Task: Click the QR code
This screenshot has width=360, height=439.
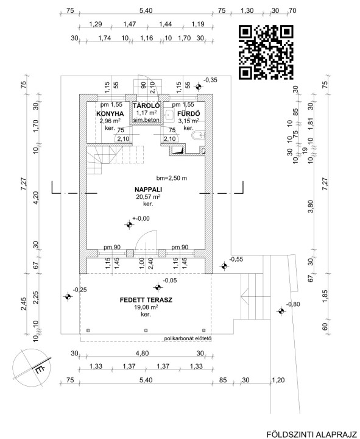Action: pyautogui.click(x=266, y=52)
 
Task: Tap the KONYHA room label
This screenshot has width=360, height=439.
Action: pyautogui.click(x=110, y=113)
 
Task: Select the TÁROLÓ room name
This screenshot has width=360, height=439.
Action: pyautogui.click(x=146, y=105)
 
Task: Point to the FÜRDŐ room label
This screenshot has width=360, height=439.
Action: pyautogui.click(x=189, y=113)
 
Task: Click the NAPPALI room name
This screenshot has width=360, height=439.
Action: pyautogui.click(x=148, y=190)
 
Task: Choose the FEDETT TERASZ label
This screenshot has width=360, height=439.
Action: pyautogui.click(x=146, y=300)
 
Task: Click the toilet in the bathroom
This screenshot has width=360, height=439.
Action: pyautogui.click(x=199, y=135)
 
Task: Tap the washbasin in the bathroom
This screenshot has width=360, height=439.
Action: pyautogui.click(x=169, y=115)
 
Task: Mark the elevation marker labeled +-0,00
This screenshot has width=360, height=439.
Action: pyautogui.click(x=129, y=224)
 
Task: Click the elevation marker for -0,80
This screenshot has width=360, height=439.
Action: pyautogui.click(x=281, y=311)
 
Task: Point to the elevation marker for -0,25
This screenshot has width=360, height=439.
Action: pyautogui.click(x=68, y=296)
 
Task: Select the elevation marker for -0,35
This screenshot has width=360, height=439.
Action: pyautogui.click(x=199, y=87)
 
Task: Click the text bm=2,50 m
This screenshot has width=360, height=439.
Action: pyautogui.click(x=172, y=178)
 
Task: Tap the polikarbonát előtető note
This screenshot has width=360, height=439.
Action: pyautogui.click(x=188, y=339)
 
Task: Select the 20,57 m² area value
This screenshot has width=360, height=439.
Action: pyautogui.click(x=148, y=196)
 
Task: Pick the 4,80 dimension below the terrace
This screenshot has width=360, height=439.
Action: pyautogui.click(x=142, y=353)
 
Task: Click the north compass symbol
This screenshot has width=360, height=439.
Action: pyautogui.click(x=32, y=367)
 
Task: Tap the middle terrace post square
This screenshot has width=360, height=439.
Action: pyautogui.click(x=146, y=330)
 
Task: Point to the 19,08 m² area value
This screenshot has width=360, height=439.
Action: pyautogui.click(x=146, y=307)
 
